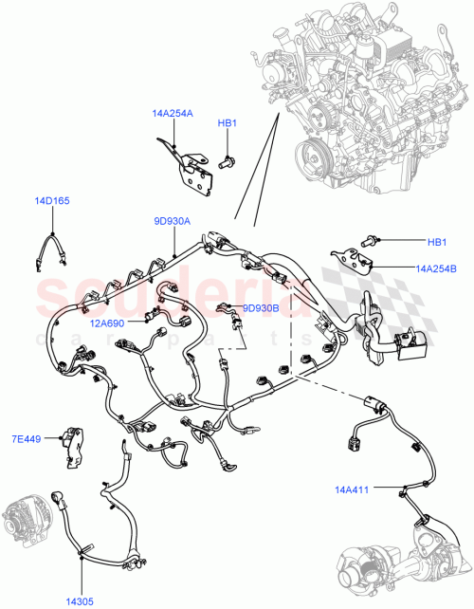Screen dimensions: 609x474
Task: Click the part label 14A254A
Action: point(172,113)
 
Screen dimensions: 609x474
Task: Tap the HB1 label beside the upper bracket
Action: point(227,122)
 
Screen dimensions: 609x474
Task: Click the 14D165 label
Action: point(52,201)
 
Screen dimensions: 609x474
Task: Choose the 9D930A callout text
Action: point(173,221)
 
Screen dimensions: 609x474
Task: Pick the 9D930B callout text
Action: point(261,307)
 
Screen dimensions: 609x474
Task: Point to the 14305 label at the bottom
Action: point(80,600)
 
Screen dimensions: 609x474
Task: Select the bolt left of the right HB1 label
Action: point(369,241)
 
